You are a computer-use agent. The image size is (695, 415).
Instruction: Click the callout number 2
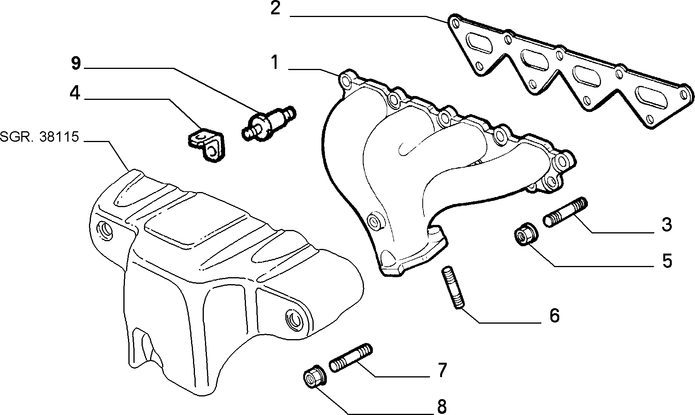click(275, 9)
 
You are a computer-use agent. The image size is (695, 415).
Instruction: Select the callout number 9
click(76, 64)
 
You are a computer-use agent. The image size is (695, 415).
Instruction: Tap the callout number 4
click(75, 93)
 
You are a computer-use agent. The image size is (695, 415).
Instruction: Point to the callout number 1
click(275, 63)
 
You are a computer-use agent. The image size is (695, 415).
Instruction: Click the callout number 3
click(666, 225)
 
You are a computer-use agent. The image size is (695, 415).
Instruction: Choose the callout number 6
click(554, 316)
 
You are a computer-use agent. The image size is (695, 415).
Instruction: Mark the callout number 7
click(442, 370)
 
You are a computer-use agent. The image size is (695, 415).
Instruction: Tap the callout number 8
click(442, 406)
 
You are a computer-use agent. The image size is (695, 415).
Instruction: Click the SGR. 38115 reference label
click(40, 137)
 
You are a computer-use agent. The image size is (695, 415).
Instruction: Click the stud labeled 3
click(565, 212)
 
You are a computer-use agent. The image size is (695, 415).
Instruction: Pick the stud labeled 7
click(351, 358)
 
